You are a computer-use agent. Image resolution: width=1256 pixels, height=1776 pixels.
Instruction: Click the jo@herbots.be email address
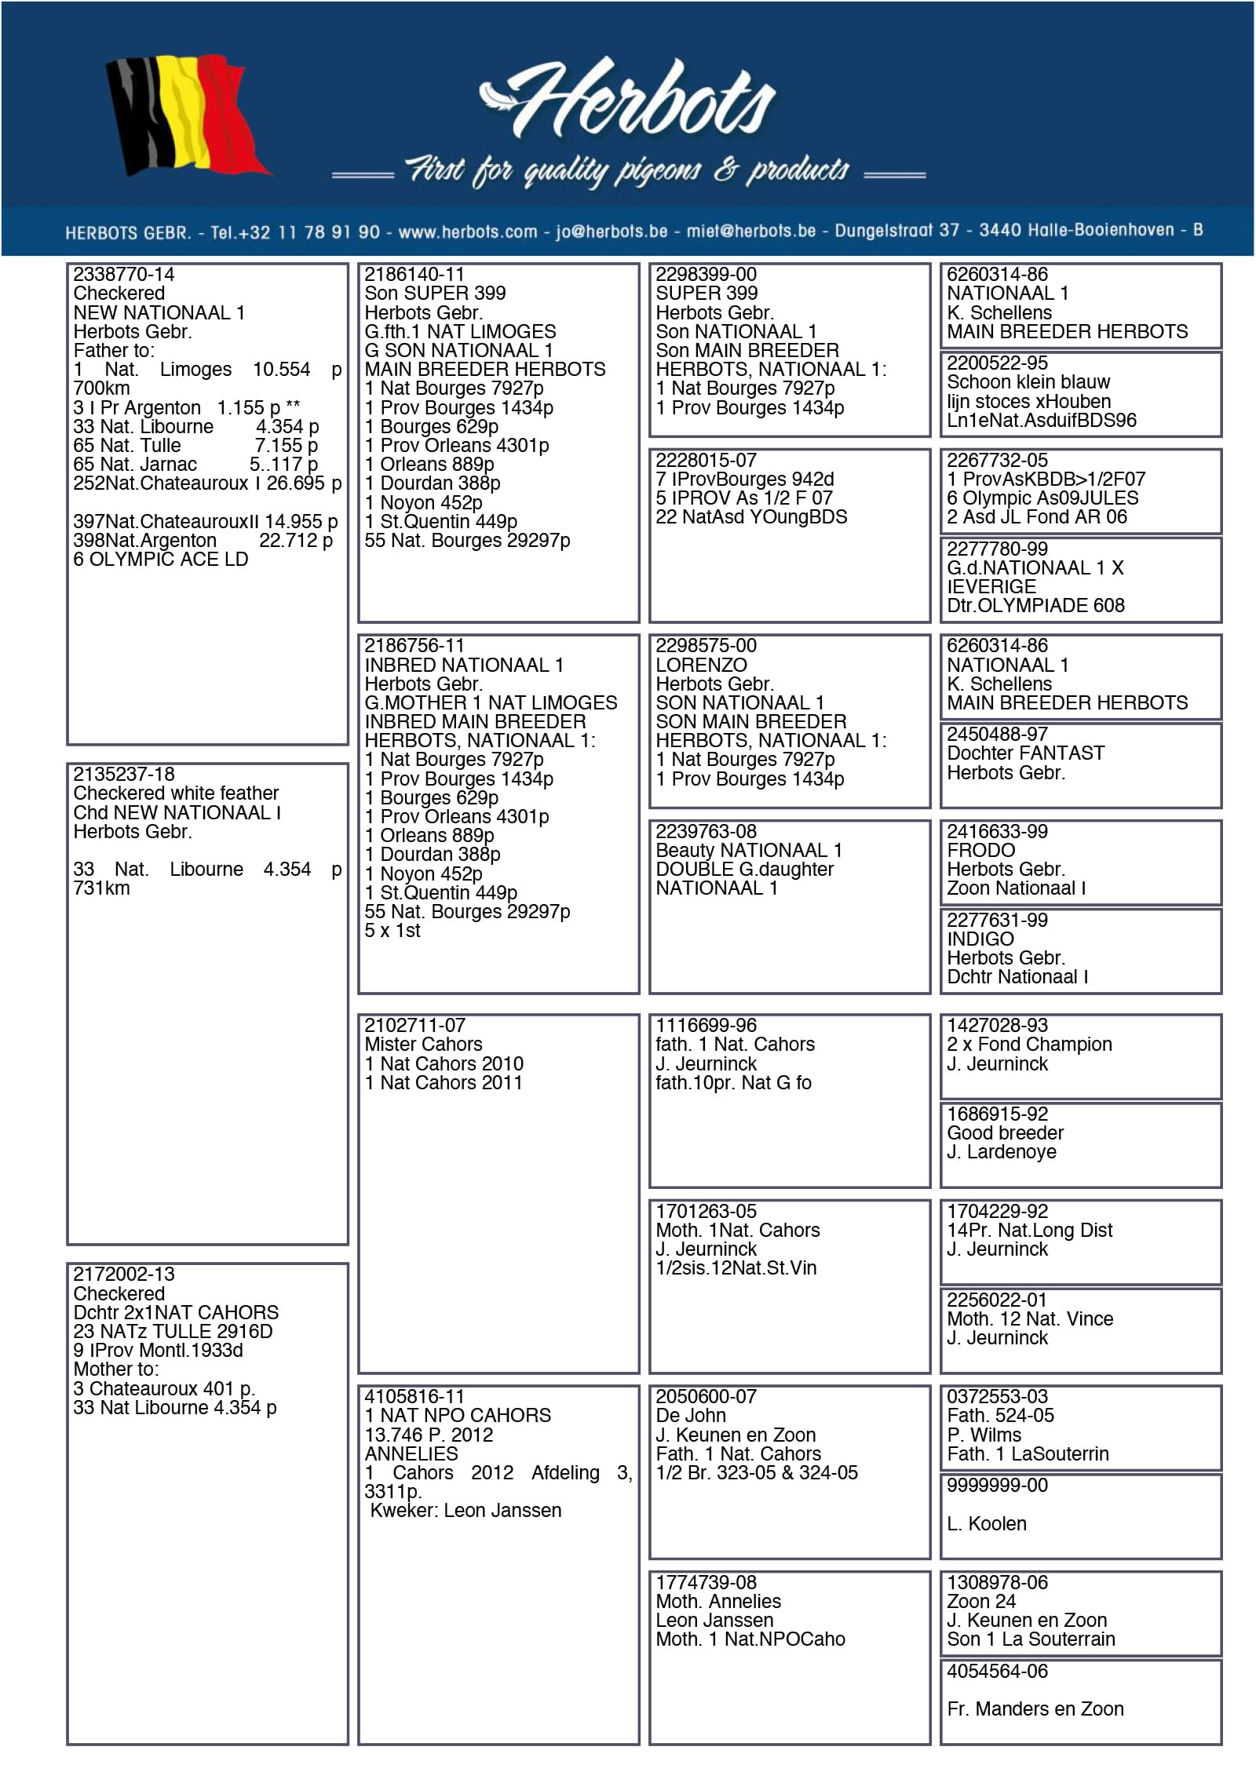pos(612,232)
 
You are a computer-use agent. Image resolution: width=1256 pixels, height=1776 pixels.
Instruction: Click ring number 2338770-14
pos(123,275)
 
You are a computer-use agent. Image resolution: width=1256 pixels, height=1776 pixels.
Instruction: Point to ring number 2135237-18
pos(123,775)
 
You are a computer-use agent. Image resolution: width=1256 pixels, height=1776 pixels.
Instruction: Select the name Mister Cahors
pos(423,1045)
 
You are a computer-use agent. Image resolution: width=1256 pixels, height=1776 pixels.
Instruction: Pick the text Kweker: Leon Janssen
pos(466,1511)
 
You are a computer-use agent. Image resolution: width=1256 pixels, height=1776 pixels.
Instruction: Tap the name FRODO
pos(980,851)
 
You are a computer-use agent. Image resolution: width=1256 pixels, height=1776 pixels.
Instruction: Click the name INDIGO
pos(980,939)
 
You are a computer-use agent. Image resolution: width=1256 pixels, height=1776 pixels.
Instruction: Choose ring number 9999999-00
pos(997,1486)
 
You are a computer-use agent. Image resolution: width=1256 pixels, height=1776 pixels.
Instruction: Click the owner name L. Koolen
pos(986,1524)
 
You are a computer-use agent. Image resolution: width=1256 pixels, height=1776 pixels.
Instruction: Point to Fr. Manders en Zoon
pos(1035,1709)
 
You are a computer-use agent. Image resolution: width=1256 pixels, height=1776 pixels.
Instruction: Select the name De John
pos(691,1416)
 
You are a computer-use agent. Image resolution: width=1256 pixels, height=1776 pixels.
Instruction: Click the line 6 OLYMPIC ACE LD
pos(160,560)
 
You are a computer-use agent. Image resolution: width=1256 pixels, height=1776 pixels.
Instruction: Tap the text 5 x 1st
pos(392,931)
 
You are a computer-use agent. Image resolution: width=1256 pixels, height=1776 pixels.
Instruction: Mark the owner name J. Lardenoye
pos(1001,1152)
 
